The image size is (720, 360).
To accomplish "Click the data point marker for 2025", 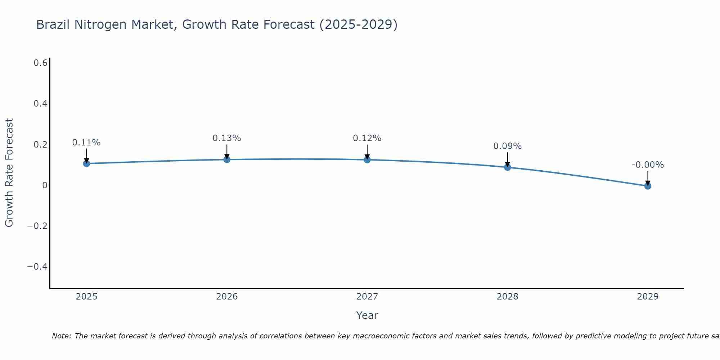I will point(86,163).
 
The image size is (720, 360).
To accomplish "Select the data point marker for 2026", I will point(227,159).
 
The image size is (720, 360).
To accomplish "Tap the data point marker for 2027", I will point(367,159).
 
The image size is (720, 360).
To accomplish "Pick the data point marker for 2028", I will point(507,167).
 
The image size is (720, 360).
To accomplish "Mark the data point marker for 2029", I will point(648,186).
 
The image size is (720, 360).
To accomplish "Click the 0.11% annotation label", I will point(86,143).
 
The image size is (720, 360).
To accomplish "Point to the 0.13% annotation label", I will point(227,138).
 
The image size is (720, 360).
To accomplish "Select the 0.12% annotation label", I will point(367,138).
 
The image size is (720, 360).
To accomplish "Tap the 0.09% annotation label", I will point(507,146).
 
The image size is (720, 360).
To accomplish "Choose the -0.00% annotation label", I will point(648,165).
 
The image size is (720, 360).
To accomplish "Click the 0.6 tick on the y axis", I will point(40,63).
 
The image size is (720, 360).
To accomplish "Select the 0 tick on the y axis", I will point(45,185).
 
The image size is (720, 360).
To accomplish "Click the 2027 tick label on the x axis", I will point(367,297).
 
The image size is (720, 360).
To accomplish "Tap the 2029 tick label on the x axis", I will point(648,297).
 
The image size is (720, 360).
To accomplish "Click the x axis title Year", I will point(367,315).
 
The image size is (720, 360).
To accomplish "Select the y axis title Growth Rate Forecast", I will point(9,173).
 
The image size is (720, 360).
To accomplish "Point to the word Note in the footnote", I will point(61,336).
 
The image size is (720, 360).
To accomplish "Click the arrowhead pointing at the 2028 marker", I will point(507,164).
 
